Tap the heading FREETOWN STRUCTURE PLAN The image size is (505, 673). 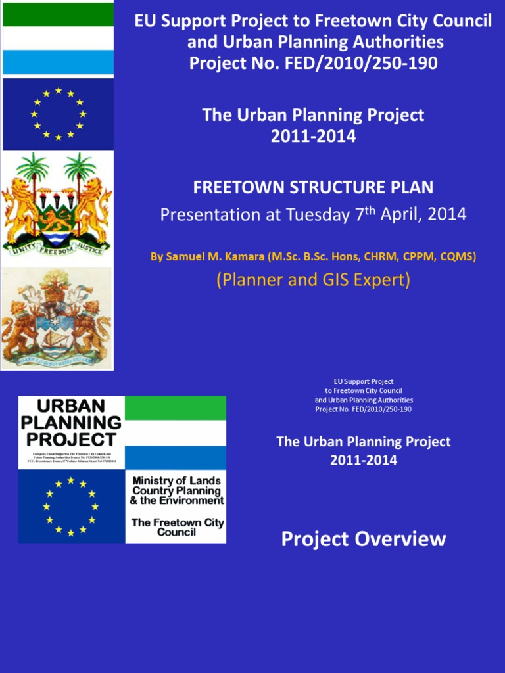(x=313, y=187)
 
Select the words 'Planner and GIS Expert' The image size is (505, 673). (x=313, y=279)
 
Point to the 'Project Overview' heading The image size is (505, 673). (x=363, y=540)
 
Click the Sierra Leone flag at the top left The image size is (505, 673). (x=58, y=38)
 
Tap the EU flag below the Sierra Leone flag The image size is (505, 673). (x=58, y=114)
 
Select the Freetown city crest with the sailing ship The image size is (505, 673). (x=57, y=319)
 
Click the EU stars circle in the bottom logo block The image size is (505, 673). (x=71, y=507)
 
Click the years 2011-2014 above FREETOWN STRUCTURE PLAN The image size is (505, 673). (x=313, y=137)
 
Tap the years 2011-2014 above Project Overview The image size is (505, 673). (x=363, y=460)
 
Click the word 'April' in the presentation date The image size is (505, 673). (x=404, y=215)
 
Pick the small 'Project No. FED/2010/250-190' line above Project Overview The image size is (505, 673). (x=363, y=409)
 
